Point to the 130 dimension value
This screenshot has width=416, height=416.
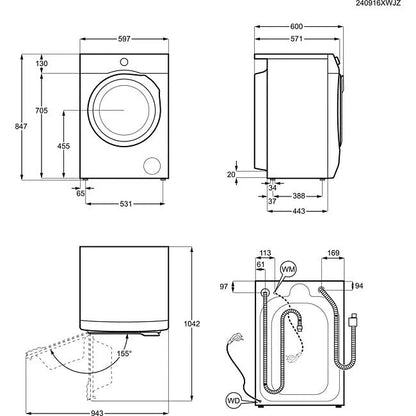[42, 63]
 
